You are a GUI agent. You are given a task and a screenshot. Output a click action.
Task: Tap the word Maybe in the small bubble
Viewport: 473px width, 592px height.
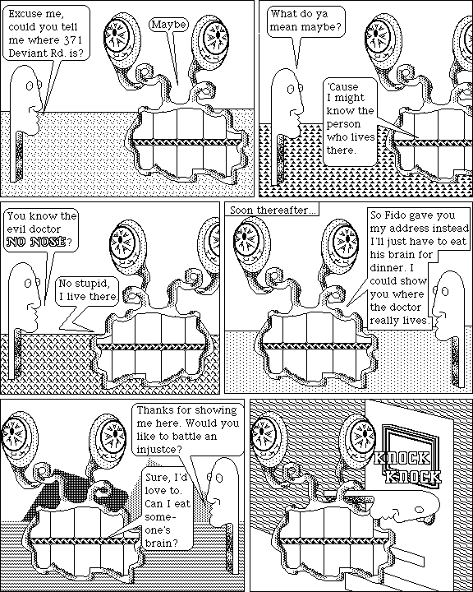pyautogui.click(x=168, y=25)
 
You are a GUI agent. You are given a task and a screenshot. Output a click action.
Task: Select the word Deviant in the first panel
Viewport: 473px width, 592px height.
pyautogui.click(x=28, y=53)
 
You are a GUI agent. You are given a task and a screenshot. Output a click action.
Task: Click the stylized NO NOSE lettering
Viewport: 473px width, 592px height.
pyautogui.click(x=36, y=242)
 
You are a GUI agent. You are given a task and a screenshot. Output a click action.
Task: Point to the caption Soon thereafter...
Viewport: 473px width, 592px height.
pyautogui.click(x=271, y=210)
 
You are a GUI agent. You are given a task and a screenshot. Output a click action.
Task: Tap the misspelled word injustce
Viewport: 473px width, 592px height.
pyautogui.click(x=158, y=450)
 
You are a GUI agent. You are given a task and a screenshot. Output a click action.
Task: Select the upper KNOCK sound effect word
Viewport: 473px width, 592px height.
pyautogui.click(x=401, y=458)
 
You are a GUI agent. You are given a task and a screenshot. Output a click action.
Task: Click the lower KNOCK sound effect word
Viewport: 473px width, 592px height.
pyautogui.click(x=412, y=476)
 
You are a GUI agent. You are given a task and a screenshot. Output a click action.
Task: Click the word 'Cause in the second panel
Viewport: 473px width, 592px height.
pyautogui.click(x=342, y=87)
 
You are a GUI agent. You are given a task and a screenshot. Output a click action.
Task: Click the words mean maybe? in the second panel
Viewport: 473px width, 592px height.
pyautogui.click(x=305, y=27)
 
